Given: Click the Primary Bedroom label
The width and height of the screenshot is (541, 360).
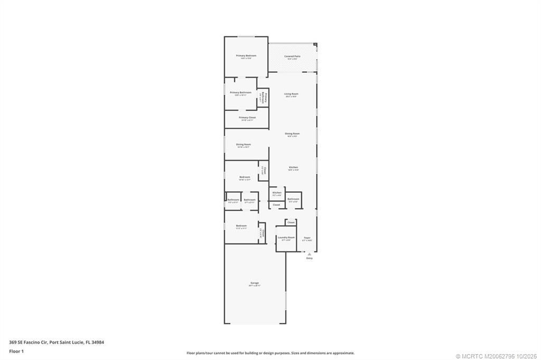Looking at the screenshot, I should pos(246,55).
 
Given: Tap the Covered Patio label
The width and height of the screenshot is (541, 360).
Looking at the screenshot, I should pos(292,56).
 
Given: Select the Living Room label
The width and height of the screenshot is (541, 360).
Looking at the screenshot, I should pos(291,94).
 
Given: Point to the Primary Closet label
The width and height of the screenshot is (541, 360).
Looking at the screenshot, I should pos(247,118).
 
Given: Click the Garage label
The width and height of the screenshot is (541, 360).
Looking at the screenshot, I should pos(255,283).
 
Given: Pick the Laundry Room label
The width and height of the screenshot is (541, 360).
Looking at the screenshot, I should pos(286,238).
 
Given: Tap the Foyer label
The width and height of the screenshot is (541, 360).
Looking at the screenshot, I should pos(307,238).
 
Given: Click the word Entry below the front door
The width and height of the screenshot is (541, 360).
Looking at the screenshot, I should pos(310,258).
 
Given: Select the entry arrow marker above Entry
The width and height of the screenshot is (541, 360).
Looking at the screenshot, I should pos(310,253).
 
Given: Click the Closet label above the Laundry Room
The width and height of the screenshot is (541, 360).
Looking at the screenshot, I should pos(291,222).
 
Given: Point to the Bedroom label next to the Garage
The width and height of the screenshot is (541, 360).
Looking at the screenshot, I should pos(241,226).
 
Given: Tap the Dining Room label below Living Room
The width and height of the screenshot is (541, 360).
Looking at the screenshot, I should pos(292,134).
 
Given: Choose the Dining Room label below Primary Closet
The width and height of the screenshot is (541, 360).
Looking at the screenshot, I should pos(244,144).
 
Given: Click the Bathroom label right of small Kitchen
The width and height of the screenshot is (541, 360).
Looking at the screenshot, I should pos(293,199).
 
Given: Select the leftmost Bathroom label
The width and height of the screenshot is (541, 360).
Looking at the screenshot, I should pos(233,200).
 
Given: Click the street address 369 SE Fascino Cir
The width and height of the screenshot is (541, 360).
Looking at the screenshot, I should pos(28,342).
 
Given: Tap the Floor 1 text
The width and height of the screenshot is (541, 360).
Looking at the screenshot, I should pos(16,351).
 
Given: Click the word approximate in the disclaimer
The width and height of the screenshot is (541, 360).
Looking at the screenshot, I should pos(344,353).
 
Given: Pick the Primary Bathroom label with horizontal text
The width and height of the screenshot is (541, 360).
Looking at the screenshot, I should pos(240,92).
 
